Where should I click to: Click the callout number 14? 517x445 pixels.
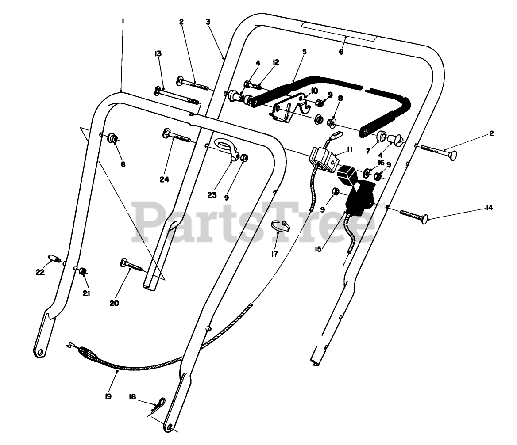[489, 208]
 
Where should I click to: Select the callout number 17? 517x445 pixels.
[274, 254]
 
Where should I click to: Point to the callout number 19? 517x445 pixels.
[108, 396]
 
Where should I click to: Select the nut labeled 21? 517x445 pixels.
[82, 271]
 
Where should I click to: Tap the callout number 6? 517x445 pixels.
[341, 52]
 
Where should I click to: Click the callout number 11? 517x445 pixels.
[350, 150]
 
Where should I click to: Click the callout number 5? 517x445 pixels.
[304, 52]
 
